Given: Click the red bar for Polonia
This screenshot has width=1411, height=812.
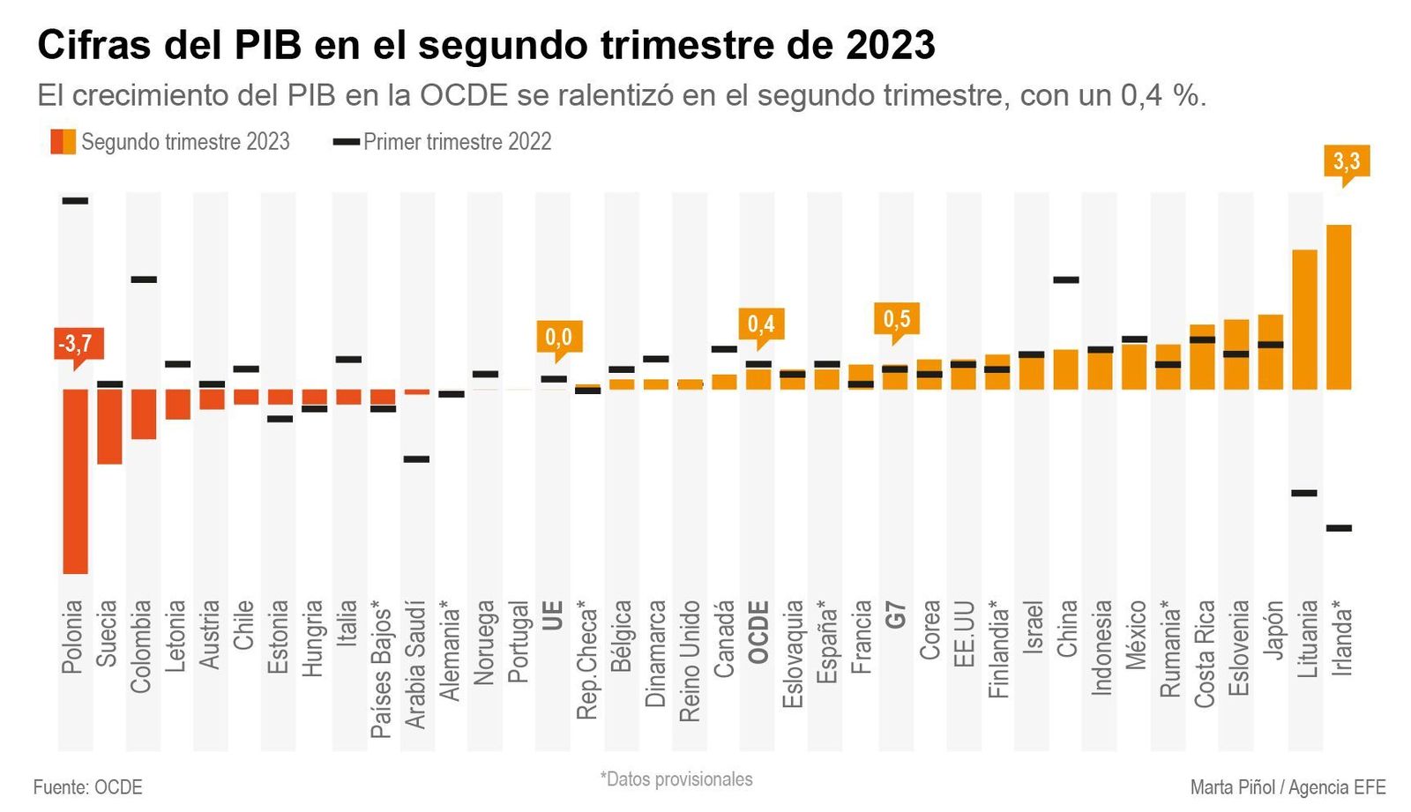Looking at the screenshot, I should tap(75, 480).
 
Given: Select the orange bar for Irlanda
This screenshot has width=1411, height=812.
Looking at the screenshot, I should tap(1339, 307).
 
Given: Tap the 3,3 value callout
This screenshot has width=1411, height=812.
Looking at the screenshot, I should tap(1346, 161).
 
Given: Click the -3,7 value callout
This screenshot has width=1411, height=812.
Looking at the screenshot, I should tap(75, 343).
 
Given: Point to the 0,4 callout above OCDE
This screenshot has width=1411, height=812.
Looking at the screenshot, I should tap(760, 324).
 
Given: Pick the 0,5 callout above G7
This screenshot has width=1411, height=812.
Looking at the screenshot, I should tap(896, 318).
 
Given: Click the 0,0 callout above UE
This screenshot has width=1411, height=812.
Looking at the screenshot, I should tap(557, 337).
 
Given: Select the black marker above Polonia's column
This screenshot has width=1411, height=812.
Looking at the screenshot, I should tap(75, 201).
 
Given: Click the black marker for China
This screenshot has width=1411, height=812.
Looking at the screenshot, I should tap(1066, 280).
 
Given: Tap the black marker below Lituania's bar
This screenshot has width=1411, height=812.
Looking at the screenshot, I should tap(1304, 493).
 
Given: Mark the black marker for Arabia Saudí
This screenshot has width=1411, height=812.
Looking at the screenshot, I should tap(416, 458).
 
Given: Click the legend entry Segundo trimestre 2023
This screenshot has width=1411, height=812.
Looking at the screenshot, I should tap(170, 141).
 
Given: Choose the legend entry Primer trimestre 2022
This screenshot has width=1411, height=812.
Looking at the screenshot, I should tap(444, 141).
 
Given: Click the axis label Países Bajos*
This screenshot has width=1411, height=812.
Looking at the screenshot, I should tap(381, 669).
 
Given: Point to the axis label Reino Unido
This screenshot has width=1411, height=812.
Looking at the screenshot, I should tap(690, 661).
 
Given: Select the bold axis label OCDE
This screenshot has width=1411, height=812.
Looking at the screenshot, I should tap(758, 631).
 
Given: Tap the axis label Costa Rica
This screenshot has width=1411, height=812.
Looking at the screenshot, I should tap(1205, 653).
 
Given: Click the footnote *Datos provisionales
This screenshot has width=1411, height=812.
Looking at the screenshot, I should tap(676, 778).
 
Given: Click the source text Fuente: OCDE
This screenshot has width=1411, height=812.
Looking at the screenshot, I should tap(87, 786).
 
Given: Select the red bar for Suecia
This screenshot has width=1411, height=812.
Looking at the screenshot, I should tap(109, 426).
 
